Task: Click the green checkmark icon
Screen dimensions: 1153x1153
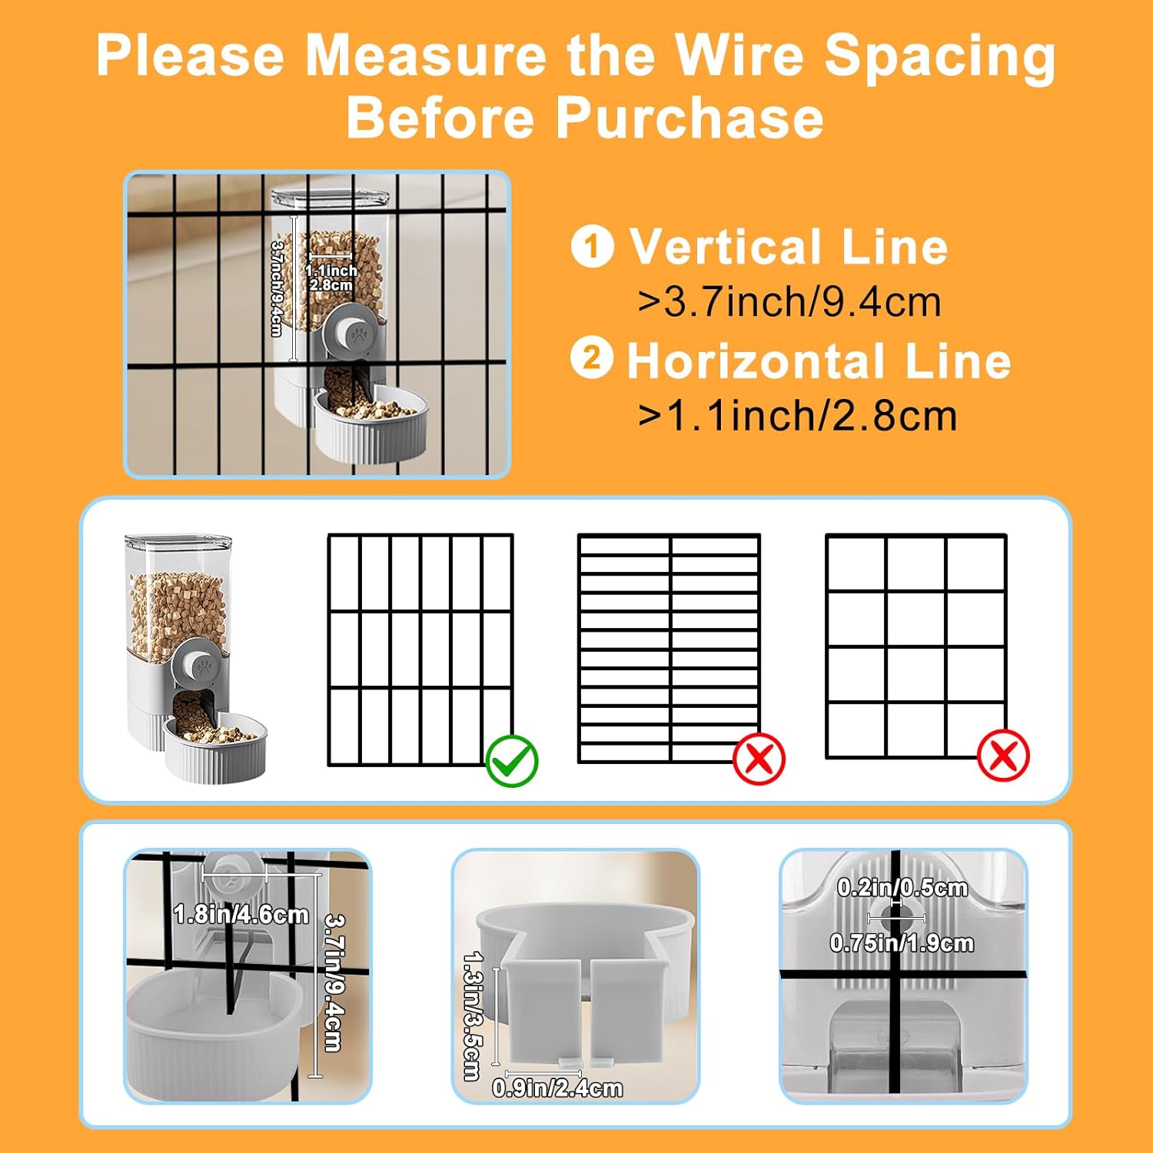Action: pos(513,760)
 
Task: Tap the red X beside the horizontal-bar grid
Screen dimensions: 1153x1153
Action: pos(759,759)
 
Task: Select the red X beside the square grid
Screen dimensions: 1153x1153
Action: pos(1003,756)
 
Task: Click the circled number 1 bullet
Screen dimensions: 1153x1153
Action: pos(592,246)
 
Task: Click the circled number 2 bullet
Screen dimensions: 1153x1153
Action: pos(592,358)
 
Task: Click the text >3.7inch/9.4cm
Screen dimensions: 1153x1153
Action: pos(789,301)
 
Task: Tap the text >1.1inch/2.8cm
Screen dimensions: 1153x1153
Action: pos(797,416)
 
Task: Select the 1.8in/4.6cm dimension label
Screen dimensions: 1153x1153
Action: pos(241,914)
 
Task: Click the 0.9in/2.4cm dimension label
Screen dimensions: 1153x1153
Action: pos(557,1088)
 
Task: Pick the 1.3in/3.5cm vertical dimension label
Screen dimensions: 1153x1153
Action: pos(472,1015)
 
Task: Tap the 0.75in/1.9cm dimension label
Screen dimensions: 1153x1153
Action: pos(902,942)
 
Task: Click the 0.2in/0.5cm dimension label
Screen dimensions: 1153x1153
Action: pos(902,887)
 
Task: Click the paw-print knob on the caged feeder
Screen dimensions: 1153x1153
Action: pos(356,333)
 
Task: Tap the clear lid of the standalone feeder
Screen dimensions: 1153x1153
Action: pos(178,545)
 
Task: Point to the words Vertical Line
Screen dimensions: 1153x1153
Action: pos(789,247)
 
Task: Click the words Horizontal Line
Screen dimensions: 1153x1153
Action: pos(819,361)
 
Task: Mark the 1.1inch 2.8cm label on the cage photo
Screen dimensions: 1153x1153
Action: pos(331,277)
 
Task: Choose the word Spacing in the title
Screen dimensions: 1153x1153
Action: pos(939,58)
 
